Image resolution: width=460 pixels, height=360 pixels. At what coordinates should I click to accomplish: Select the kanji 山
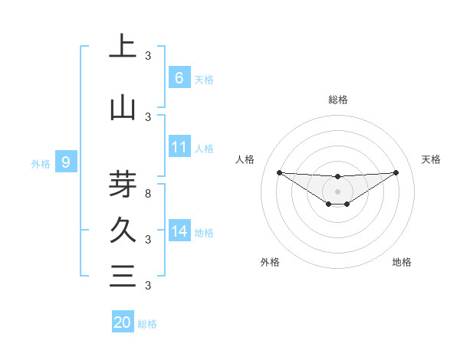tap(123, 108)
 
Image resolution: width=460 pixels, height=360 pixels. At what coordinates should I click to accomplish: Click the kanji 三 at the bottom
tap(123, 275)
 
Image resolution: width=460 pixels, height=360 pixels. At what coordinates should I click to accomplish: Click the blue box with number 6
tap(179, 78)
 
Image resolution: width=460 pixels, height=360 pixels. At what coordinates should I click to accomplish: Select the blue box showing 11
tap(179, 148)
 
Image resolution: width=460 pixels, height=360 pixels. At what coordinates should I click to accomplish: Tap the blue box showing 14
tap(179, 232)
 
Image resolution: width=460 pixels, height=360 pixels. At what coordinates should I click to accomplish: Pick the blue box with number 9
tap(67, 162)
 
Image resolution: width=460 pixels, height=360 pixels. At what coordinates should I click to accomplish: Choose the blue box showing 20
tap(123, 322)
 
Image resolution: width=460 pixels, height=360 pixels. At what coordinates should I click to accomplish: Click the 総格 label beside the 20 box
tap(147, 324)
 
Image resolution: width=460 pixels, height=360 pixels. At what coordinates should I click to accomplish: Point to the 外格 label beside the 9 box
tap(40, 163)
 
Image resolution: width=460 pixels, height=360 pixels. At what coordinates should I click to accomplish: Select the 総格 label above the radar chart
tap(337, 100)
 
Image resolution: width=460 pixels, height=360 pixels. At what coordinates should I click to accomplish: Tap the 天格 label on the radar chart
tap(431, 159)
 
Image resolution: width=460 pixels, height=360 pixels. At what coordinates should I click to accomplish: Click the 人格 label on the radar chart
tap(245, 159)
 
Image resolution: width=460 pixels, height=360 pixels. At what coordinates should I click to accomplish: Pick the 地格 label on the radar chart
tap(402, 262)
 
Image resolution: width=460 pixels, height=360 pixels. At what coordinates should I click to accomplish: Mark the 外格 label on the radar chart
tap(270, 262)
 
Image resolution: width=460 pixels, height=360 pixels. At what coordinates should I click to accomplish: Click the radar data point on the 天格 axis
tap(396, 172)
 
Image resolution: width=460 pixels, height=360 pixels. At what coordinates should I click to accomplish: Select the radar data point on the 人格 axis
tap(279, 172)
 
